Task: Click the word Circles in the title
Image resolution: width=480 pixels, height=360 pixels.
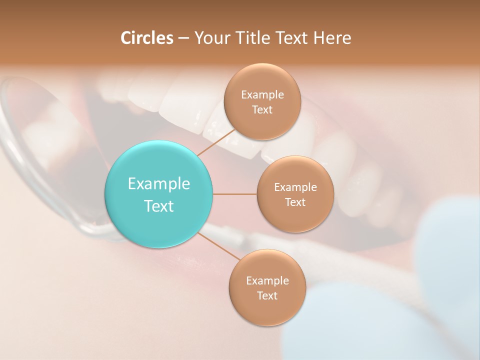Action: coord(147,38)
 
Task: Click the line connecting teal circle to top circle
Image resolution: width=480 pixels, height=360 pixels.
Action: coord(216,142)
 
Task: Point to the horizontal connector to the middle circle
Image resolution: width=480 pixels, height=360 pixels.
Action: coord(235,194)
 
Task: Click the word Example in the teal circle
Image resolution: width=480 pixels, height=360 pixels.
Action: coord(159,184)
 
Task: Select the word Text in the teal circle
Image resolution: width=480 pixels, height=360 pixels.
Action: coord(159,206)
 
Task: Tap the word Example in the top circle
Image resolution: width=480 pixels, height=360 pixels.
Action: coord(262,94)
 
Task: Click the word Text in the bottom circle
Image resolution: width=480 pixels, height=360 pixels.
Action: coord(267,295)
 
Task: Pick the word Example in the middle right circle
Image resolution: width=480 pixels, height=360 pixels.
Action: coord(295,187)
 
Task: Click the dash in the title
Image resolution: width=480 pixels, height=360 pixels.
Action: coord(183,38)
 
